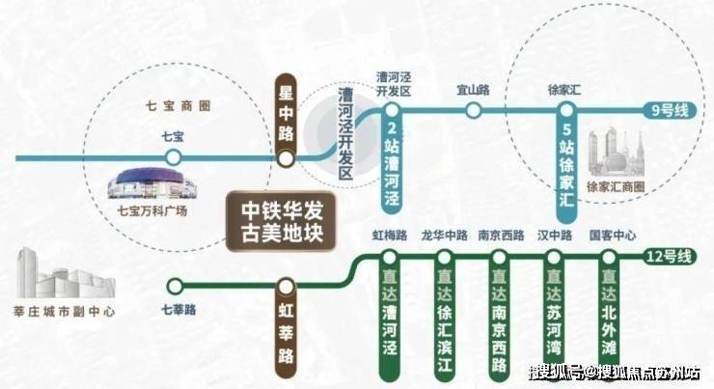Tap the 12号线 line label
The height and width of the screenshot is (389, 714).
(665, 257)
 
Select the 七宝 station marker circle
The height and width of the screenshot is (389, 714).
(173, 157)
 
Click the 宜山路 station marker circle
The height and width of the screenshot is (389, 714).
(473, 110)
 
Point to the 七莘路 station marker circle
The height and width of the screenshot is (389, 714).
(175, 285)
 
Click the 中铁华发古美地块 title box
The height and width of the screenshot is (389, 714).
(273, 221)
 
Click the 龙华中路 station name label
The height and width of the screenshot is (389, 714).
(444, 235)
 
